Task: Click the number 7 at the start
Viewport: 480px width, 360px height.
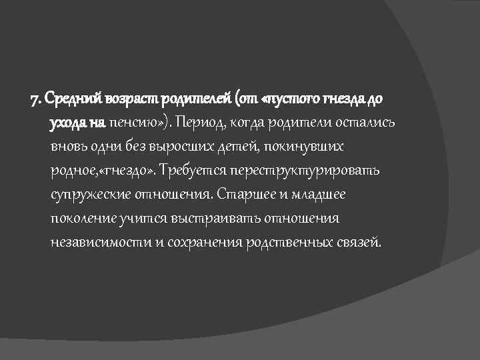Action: coord(34,99)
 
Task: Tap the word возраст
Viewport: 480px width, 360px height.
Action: coord(125,99)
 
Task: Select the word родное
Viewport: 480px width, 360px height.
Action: coord(73,171)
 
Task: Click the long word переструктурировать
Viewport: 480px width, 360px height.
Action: coord(304,171)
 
